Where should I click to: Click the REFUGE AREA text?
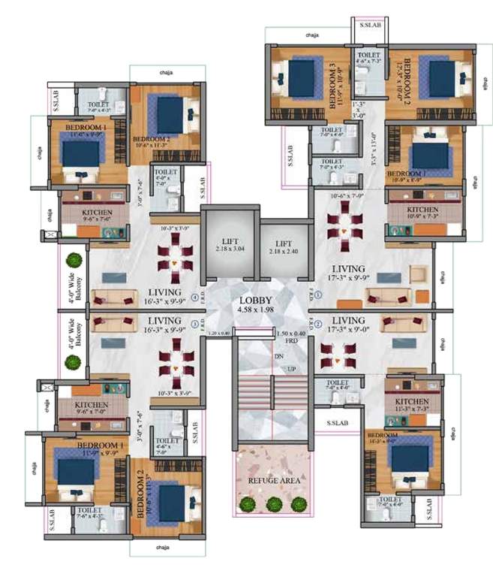(269, 480)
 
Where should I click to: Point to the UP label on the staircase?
(292, 369)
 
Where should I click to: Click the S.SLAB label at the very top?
(369, 25)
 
